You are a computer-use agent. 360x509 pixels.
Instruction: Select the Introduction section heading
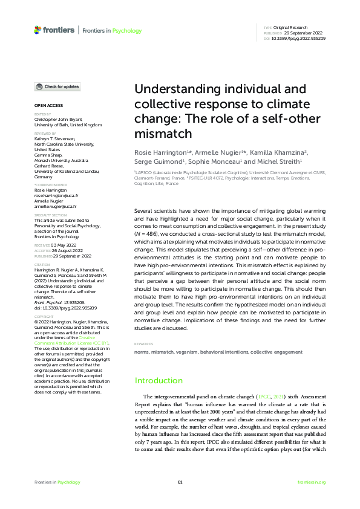point(158,380)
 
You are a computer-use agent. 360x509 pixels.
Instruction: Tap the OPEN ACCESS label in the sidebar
point(47,105)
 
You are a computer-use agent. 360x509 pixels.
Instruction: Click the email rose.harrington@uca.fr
point(56,196)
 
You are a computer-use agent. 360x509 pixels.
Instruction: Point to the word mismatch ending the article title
point(163,132)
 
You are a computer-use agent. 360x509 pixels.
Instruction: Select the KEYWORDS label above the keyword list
point(143,344)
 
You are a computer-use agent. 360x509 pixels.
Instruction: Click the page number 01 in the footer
point(180,482)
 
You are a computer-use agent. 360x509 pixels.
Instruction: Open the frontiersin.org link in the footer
point(312,482)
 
